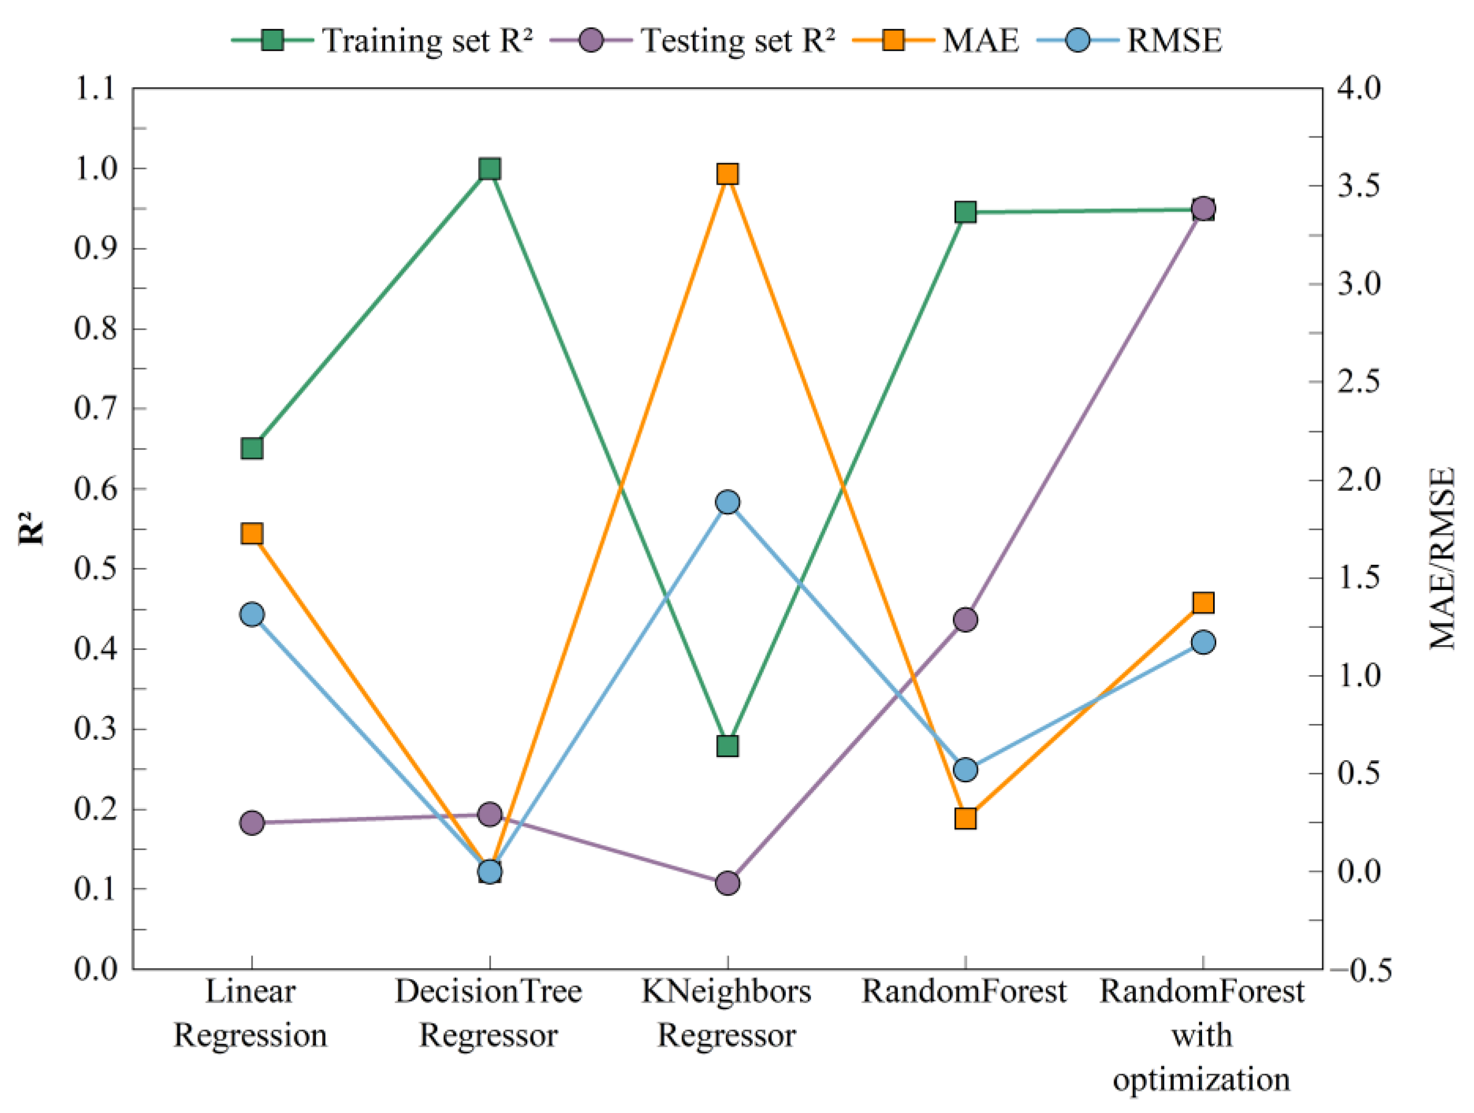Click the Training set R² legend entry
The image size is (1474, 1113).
383,40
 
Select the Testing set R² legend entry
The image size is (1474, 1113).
693,40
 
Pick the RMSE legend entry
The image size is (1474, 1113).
1130,40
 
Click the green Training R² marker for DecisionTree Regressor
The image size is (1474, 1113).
490,169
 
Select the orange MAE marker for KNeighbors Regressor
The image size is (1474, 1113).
727,174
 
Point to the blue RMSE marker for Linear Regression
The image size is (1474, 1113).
252,614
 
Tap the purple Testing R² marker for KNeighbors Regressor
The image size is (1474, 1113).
727,883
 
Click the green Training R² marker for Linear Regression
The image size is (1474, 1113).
252,448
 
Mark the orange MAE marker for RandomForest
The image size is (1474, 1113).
965,818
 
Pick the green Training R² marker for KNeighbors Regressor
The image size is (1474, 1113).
727,746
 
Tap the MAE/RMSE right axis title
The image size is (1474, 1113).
1442,559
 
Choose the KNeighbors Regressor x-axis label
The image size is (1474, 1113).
727,1013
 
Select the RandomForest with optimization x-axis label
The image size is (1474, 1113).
1202,1035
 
